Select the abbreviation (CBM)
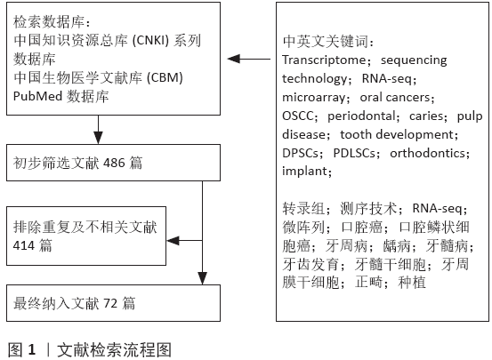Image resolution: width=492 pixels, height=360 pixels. click(165, 77)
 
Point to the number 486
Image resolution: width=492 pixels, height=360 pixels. click(114, 163)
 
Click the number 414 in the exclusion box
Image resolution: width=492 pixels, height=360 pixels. click(24, 245)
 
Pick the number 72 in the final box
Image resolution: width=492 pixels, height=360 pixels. click(110, 303)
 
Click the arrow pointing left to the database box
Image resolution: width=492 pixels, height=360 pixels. click(249, 59)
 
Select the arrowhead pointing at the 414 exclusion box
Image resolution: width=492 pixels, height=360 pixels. click(173, 241)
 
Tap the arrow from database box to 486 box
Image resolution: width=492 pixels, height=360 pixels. click(98, 130)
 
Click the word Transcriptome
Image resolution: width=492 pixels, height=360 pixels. click(324, 60)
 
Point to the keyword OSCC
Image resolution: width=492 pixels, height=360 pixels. click(298, 116)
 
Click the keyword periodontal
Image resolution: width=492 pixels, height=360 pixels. click(361, 116)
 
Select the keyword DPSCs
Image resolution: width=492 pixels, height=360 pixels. click(301, 153)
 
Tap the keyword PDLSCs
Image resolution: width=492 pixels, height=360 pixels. click(354, 153)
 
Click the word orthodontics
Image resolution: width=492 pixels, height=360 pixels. click(427, 153)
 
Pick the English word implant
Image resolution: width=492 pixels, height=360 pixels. click(304, 172)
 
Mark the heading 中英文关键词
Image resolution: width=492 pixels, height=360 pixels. click(326, 42)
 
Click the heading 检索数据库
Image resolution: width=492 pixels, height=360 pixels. click(49, 22)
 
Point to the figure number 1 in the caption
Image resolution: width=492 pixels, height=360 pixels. click(32, 349)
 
